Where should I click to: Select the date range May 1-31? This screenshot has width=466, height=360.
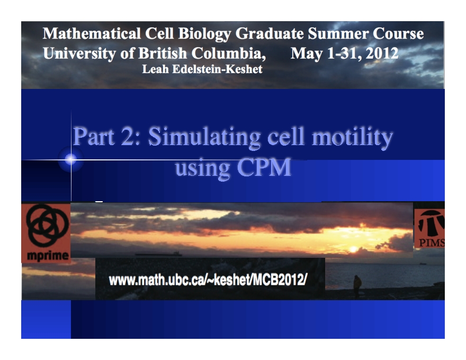click(x=324, y=53)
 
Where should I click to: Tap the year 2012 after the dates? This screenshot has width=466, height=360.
click(x=380, y=53)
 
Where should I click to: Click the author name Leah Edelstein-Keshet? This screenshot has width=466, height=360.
click(x=202, y=69)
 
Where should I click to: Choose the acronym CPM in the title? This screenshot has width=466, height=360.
click(x=263, y=168)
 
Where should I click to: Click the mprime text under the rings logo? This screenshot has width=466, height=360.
click(x=46, y=256)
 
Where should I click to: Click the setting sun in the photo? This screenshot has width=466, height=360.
click(x=353, y=249)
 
